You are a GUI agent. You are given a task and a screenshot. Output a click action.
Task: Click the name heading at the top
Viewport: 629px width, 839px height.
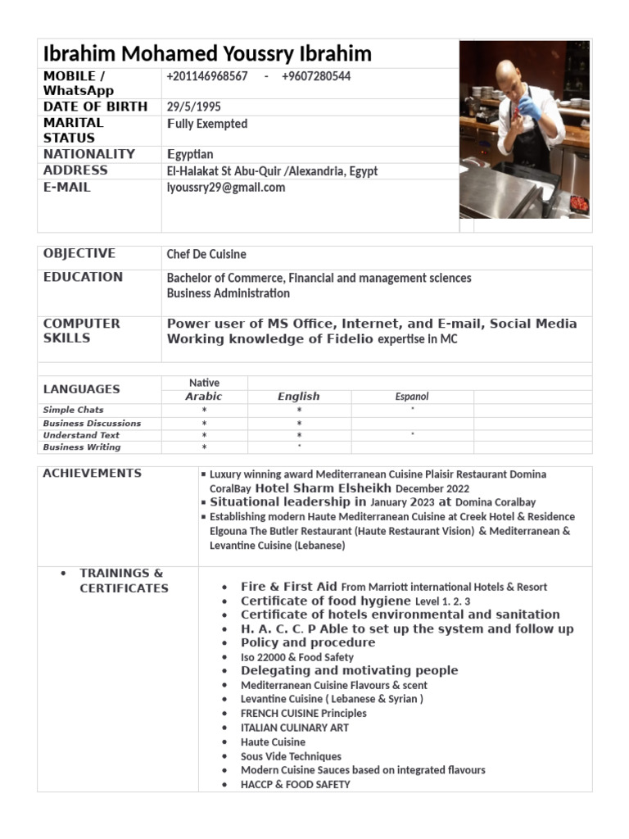click(x=207, y=54)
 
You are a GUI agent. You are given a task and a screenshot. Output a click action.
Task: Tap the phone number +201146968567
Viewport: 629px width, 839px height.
click(x=207, y=75)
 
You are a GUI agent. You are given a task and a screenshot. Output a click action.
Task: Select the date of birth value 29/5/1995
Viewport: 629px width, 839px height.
click(x=193, y=107)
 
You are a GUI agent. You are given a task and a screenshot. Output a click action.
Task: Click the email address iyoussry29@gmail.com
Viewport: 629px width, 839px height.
click(x=226, y=187)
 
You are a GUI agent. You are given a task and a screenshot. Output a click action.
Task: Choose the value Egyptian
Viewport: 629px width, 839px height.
click(x=190, y=154)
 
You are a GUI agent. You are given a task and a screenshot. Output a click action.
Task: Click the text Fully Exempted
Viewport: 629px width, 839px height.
click(x=207, y=124)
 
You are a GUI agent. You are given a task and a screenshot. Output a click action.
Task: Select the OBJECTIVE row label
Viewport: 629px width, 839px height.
click(x=79, y=253)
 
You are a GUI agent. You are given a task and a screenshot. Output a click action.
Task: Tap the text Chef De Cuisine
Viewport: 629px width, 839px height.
click(x=206, y=254)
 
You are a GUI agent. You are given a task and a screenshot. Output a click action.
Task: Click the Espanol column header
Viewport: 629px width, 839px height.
click(x=412, y=397)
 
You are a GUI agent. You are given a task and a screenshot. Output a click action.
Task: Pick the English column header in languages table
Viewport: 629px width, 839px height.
click(x=299, y=396)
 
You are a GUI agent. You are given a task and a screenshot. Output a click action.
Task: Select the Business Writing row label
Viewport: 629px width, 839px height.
click(x=82, y=447)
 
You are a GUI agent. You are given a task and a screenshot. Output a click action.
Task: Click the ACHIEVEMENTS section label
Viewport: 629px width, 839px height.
click(x=92, y=473)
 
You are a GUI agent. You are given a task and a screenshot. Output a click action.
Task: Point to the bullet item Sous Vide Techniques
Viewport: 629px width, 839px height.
click(x=291, y=756)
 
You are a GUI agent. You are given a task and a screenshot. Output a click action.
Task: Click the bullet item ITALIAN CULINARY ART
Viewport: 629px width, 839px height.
click(x=295, y=728)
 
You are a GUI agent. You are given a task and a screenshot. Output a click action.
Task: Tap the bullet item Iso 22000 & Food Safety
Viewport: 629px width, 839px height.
click(x=297, y=657)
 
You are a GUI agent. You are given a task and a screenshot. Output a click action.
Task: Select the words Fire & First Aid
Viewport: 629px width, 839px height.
click(x=289, y=587)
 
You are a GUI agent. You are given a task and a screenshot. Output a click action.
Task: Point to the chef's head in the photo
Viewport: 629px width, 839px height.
click(x=509, y=72)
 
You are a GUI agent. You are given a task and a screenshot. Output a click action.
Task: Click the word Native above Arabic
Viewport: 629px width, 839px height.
click(x=204, y=383)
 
